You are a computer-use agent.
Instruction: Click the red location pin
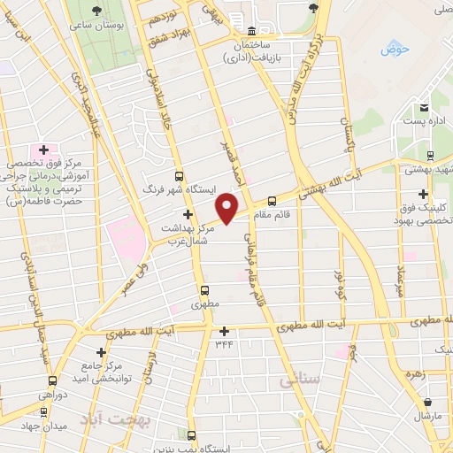tap(228, 208)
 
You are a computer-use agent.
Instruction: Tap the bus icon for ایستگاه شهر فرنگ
tap(180, 176)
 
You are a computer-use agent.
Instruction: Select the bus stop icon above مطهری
tap(204, 289)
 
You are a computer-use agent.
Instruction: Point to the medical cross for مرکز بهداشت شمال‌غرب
tap(187, 214)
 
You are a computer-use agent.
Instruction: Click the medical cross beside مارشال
tap(417, 414)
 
